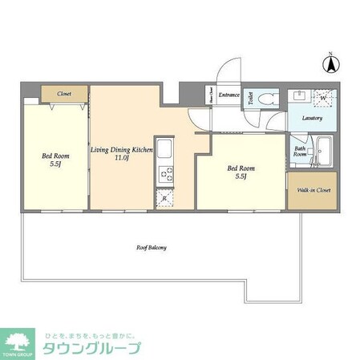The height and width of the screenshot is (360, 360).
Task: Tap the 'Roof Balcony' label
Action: (x=152, y=248)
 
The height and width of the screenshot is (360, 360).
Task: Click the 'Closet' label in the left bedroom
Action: (x=64, y=94)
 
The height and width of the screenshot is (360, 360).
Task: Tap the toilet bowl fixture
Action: (x=269, y=99)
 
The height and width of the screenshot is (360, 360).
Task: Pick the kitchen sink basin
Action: (x=164, y=149)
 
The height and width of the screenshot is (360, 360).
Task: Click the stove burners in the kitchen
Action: (x=164, y=172)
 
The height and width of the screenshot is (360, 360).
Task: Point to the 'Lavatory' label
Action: (x=312, y=118)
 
